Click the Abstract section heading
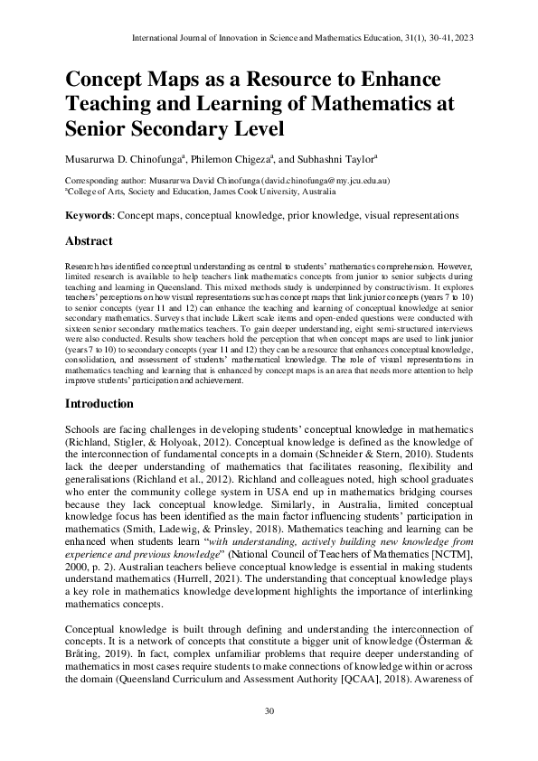(x=89, y=241)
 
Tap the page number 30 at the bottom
(x=269, y=711)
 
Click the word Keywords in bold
(x=89, y=216)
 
